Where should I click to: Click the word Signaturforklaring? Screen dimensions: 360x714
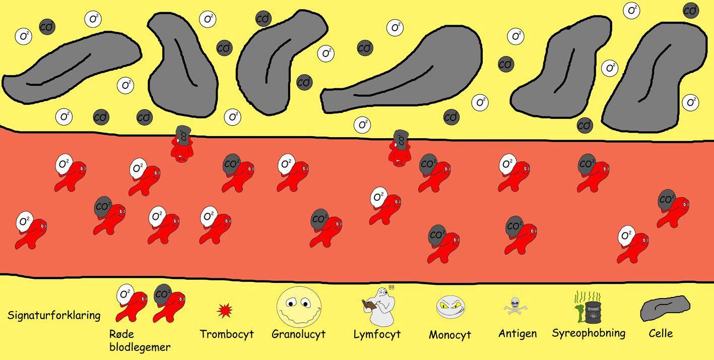click(54, 316)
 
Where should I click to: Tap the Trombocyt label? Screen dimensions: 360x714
click(227, 334)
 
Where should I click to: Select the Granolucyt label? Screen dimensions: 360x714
click(298, 334)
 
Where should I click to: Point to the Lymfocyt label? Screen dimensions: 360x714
click(377, 334)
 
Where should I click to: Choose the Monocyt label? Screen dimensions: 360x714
click(450, 335)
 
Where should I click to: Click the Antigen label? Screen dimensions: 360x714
click(517, 333)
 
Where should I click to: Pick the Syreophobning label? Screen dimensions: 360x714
click(589, 333)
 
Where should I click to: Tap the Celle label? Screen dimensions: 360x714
click(661, 333)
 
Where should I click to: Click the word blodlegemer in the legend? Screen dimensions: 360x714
click(140, 347)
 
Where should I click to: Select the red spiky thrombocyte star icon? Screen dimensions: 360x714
click(224, 311)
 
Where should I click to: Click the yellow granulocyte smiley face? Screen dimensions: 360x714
click(299, 308)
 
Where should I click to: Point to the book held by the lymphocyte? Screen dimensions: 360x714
click(369, 305)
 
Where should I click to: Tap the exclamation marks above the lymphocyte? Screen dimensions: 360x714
click(392, 287)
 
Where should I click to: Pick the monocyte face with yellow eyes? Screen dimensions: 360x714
click(450, 307)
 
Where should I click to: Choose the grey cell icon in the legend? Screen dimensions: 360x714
click(665, 308)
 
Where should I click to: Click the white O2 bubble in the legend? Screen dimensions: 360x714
click(125, 294)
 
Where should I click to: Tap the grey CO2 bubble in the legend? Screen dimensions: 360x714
click(162, 294)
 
